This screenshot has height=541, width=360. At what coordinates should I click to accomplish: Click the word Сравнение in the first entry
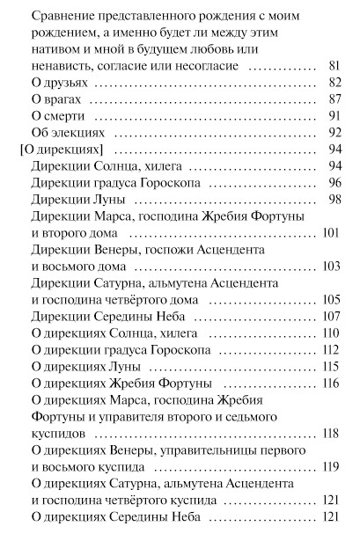(62, 16)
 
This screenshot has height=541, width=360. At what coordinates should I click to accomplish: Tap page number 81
(334, 66)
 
